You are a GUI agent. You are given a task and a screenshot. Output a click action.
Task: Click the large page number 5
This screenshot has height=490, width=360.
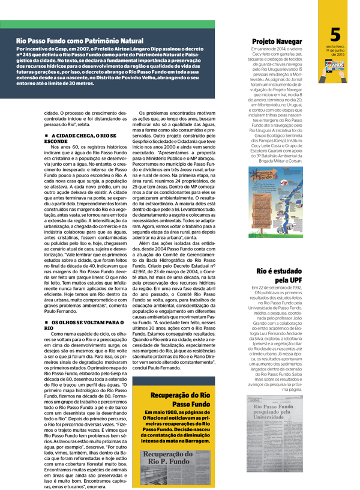point(335,34)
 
